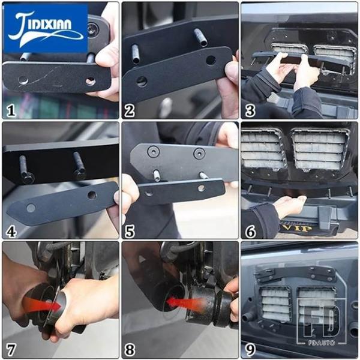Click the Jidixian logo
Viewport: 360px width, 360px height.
[x=46, y=28]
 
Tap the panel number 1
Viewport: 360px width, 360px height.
[x=11, y=110]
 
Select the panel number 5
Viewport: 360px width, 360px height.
[x=130, y=231]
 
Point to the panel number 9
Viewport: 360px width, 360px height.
[x=250, y=350]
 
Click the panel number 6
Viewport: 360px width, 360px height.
[x=250, y=231]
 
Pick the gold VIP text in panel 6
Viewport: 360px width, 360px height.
[x=296, y=228]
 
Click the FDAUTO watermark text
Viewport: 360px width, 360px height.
[x=321, y=343]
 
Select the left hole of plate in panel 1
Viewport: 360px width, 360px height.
[x=23, y=80]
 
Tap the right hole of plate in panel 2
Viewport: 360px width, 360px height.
[x=211, y=60]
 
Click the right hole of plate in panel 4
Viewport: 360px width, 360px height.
[x=92, y=195]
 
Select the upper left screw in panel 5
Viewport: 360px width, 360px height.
[x=153, y=152]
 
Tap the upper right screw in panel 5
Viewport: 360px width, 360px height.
[x=199, y=154]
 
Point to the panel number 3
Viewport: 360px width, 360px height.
[x=250, y=110]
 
